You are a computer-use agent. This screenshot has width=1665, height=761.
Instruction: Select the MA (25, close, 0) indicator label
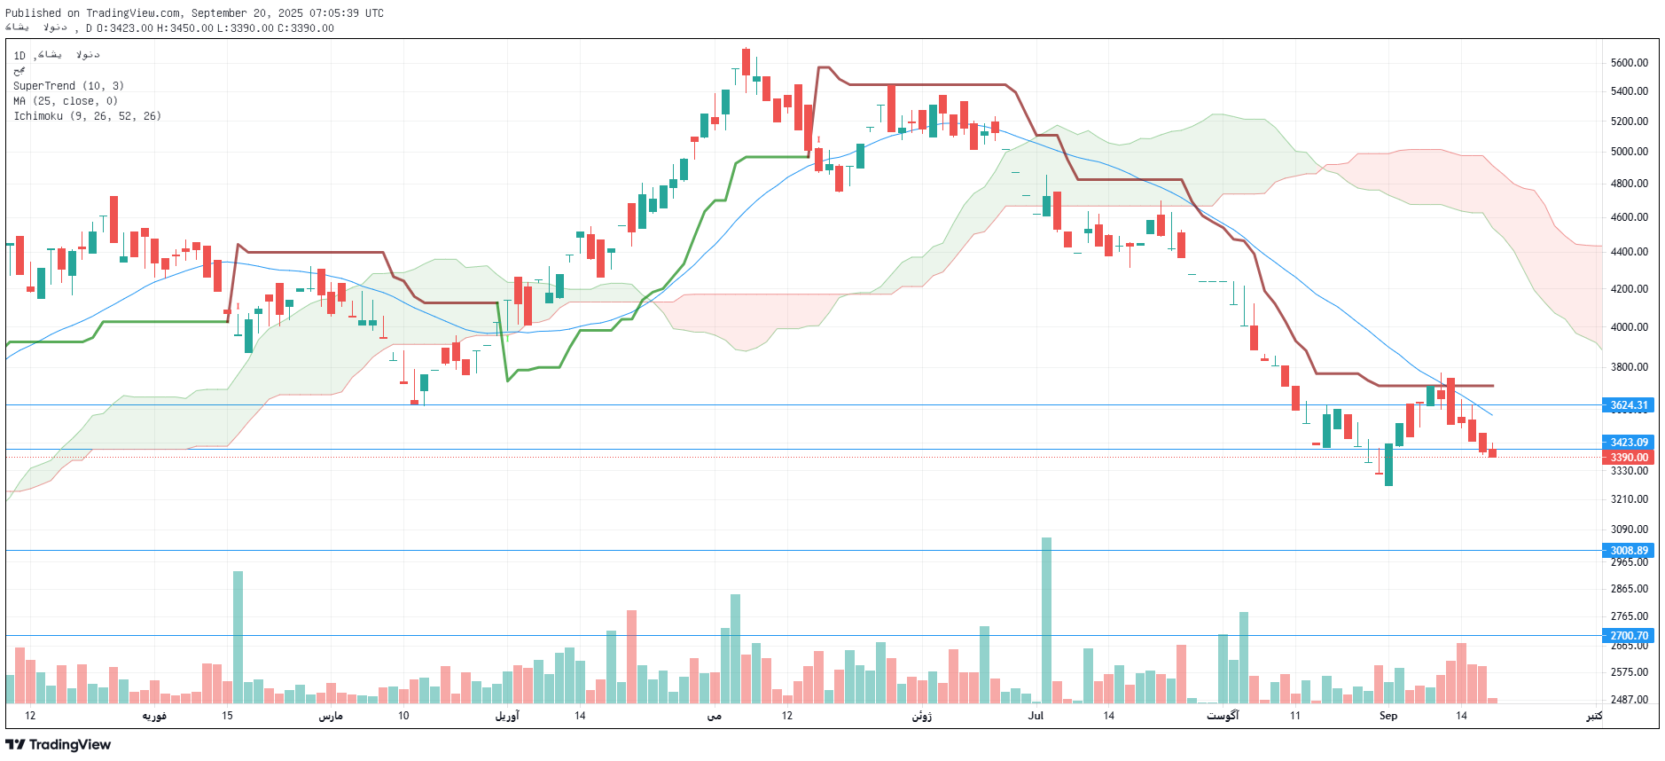click(x=65, y=101)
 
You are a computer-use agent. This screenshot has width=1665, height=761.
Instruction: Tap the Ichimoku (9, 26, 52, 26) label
click(x=87, y=116)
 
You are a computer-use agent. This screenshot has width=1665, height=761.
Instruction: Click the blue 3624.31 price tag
click(x=1629, y=405)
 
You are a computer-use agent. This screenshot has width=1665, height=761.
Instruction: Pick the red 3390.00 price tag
click(x=1629, y=458)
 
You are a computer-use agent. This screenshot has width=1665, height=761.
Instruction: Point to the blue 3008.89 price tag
click(x=1629, y=551)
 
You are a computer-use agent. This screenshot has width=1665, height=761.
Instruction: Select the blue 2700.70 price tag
click(x=1629, y=636)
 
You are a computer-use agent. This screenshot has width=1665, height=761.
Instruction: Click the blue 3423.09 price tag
click(x=1629, y=443)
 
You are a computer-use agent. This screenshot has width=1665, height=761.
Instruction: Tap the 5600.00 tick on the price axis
click(x=1629, y=63)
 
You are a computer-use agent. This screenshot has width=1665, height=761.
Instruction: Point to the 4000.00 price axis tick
click(x=1629, y=327)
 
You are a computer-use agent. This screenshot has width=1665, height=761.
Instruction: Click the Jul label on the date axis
click(x=1036, y=716)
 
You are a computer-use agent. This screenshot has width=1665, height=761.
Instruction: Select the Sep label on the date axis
click(x=1387, y=716)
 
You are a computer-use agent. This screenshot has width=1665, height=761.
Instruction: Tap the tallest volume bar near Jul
click(x=1046, y=621)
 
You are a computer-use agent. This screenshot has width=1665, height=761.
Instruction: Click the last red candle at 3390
click(x=1492, y=453)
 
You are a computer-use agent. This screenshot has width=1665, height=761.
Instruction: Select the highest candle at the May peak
click(x=746, y=62)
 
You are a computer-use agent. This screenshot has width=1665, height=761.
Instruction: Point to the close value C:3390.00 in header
click(x=306, y=28)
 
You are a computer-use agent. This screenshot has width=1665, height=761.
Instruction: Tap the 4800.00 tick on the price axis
click(x=1629, y=184)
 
